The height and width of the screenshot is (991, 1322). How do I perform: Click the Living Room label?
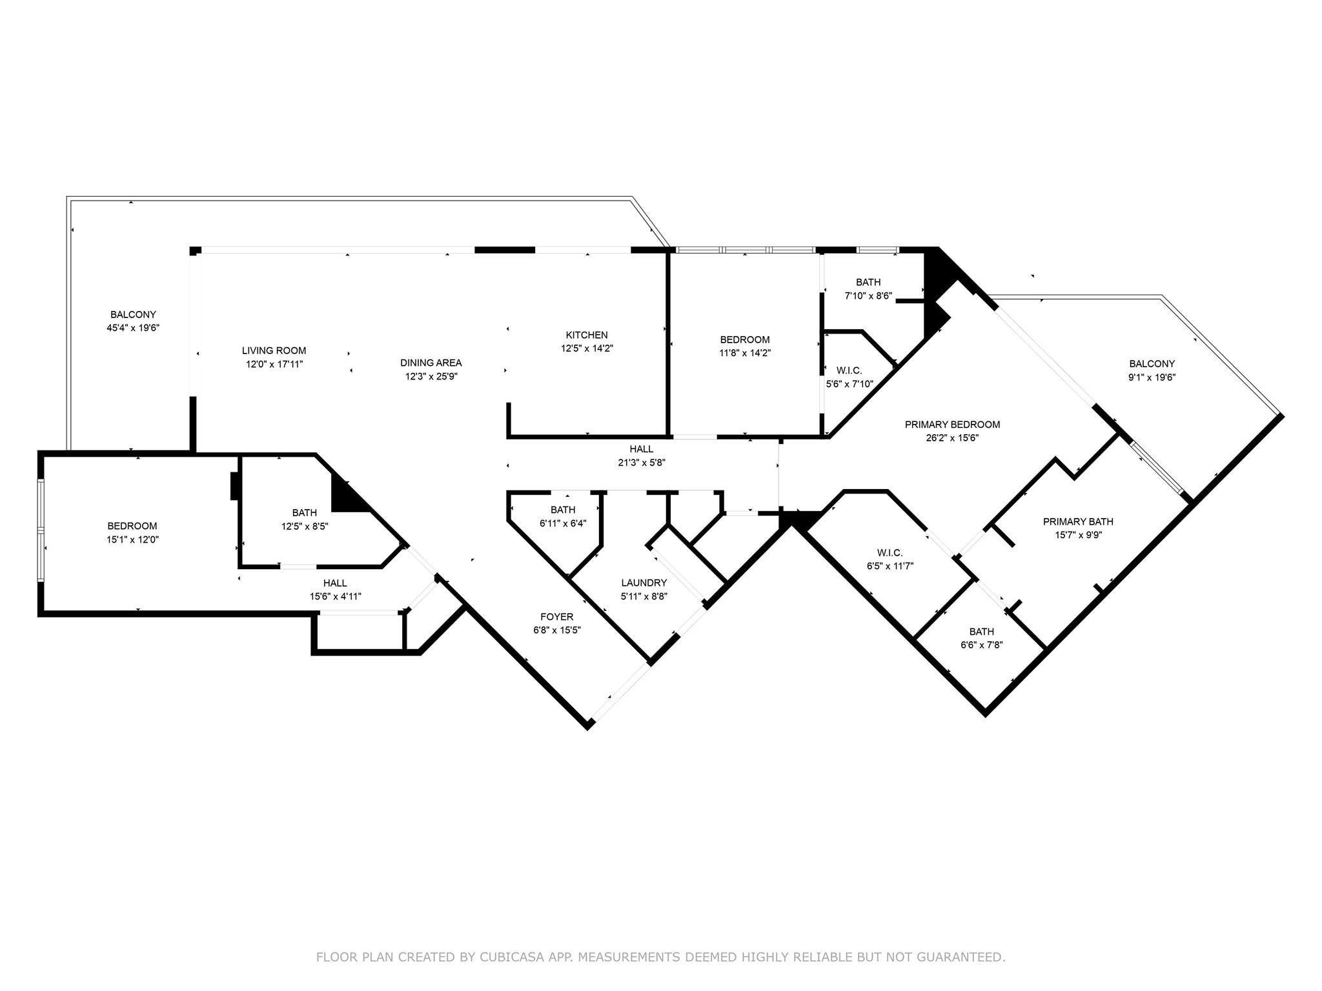(274, 350)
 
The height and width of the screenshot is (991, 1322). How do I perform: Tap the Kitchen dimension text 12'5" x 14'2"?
(586, 348)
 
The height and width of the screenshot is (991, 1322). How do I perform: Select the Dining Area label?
(431, 363)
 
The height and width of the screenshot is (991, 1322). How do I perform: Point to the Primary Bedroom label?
(952, 425)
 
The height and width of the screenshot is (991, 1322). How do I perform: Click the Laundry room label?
(644, 583)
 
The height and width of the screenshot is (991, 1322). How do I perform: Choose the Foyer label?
(556, 617)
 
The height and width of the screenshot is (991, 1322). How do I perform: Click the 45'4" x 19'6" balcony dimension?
(133, 328)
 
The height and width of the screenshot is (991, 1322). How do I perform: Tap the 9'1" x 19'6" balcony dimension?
(1152, 377)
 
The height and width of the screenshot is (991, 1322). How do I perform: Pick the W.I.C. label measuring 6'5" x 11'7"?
(890, 553)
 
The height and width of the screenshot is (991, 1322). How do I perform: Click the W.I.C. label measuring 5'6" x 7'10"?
(849, 370)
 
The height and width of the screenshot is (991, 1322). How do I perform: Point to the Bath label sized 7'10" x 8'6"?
(868, 282)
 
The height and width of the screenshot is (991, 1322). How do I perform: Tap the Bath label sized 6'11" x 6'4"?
(563, 510)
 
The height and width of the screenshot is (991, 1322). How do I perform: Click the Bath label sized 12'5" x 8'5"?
(304, 512)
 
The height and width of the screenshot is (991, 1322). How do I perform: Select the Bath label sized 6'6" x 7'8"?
(981, 632)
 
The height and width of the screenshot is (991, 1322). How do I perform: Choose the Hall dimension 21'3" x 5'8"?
(641, 462)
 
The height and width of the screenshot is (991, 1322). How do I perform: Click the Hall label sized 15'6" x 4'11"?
(335, 583)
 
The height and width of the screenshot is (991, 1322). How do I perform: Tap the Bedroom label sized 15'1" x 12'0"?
(132, 526)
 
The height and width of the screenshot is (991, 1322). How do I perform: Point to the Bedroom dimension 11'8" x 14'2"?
(745, 353)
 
